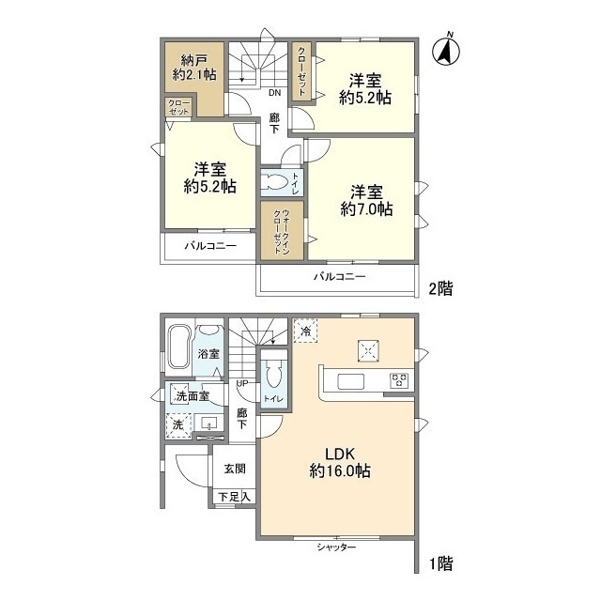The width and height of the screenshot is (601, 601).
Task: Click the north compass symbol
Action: [x=446, y=52]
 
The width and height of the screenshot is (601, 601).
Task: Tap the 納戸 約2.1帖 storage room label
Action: [x=194, y=68]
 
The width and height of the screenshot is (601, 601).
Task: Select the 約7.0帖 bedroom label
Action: [x=366, y=201]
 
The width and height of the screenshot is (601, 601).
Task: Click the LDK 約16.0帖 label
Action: [x=340, y=463]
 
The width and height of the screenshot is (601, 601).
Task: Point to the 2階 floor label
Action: [x=440, y=288]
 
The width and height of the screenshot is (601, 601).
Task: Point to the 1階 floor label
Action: [x=440, y=563]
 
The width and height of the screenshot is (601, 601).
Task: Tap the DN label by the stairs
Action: [x=274, y=93]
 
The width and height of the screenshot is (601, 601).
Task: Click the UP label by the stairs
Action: [x=242, y=383]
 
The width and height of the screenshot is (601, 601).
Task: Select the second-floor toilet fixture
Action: [x=273, y=182]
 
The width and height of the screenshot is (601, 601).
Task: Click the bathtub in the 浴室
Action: [x=178, y=347]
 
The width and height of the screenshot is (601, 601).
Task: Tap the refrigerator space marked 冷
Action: [x=305, y=331]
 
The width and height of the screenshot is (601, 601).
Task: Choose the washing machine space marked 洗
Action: [x=178, y=425]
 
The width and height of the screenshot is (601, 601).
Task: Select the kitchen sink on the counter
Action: [x=350, y=382]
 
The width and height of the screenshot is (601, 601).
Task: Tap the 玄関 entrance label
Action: [x=235, y=469]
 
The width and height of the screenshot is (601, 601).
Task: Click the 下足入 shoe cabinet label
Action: [x=234, y=497]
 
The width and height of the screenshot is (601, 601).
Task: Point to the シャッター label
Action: [x=336, y=547]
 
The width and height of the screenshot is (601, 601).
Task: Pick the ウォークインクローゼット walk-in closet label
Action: [x=282, y=232]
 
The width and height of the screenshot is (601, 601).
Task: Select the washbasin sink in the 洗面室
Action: [x=208, y=424]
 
